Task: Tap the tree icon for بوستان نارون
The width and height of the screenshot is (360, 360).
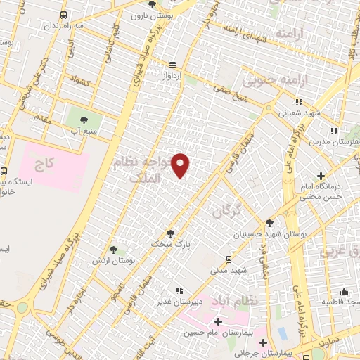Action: click(153, 5)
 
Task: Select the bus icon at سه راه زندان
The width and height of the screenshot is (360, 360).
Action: click(64, 15)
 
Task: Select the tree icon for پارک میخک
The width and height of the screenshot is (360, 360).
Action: click(169, 233)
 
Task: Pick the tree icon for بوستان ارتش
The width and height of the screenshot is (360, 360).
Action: click(113, 250)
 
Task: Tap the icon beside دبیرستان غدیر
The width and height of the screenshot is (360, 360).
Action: click(180, 290)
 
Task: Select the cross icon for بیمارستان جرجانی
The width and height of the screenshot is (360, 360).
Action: click(264, 343)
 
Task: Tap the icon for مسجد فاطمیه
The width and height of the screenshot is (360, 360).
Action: click(344, 291)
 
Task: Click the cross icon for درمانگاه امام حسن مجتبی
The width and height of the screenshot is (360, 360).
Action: click(321, 176)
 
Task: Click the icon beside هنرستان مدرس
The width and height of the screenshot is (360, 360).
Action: click(334, 130)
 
